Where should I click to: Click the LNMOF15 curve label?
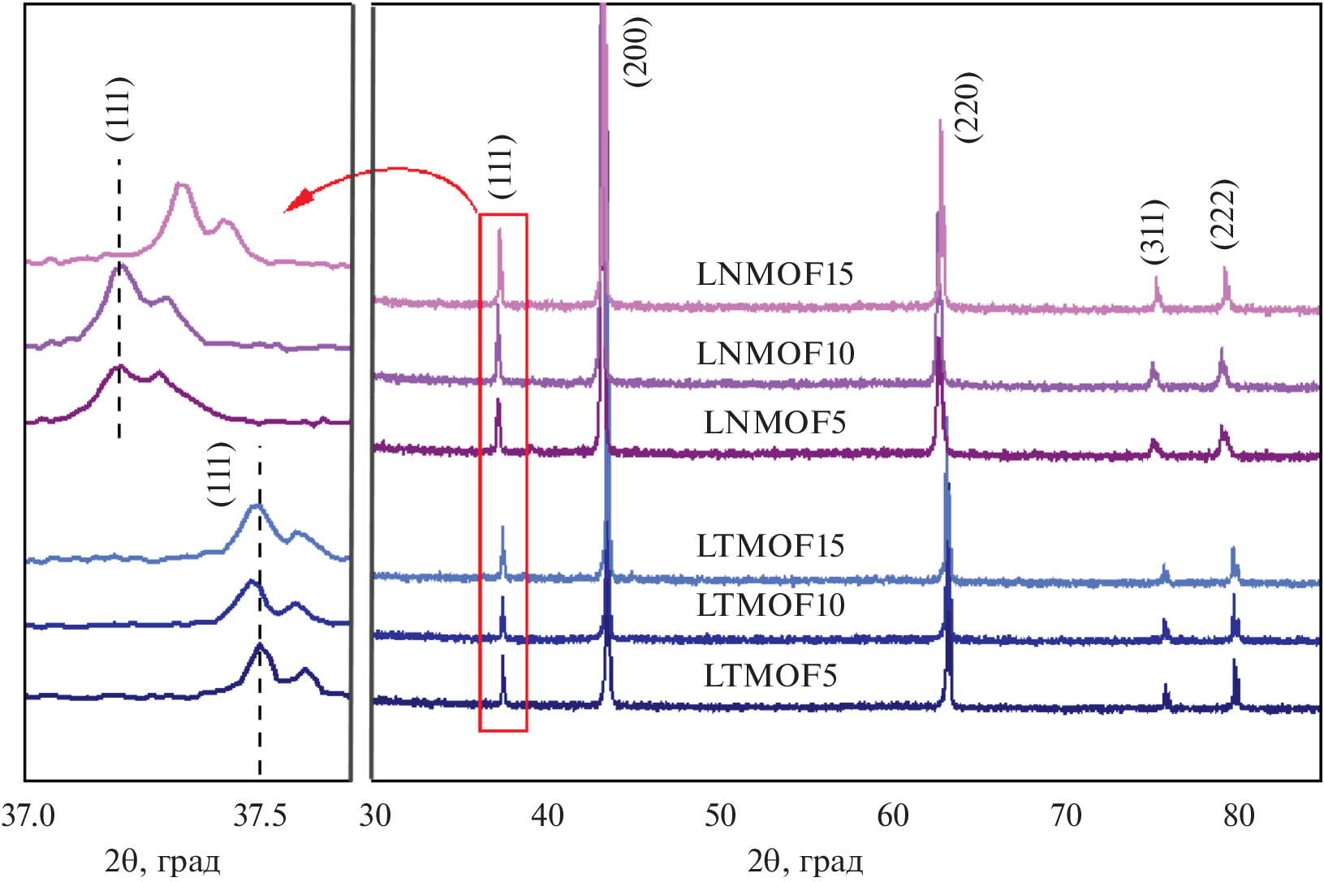774,274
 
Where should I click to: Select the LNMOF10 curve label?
775,354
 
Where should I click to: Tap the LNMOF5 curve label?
774,423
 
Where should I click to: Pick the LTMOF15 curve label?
770,546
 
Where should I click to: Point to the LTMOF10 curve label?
770,605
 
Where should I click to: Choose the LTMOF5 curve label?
770,676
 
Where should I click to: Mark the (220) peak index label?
968,107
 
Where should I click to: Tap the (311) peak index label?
1153,231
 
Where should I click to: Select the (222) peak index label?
1223,213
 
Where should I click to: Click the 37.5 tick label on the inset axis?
260,815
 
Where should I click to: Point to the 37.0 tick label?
28,815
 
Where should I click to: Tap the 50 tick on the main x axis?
720,815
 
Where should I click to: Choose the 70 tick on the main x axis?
1066,815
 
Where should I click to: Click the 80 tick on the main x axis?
1239,815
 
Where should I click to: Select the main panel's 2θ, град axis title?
804,862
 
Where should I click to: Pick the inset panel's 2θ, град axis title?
162,862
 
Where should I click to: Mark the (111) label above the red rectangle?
502,166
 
